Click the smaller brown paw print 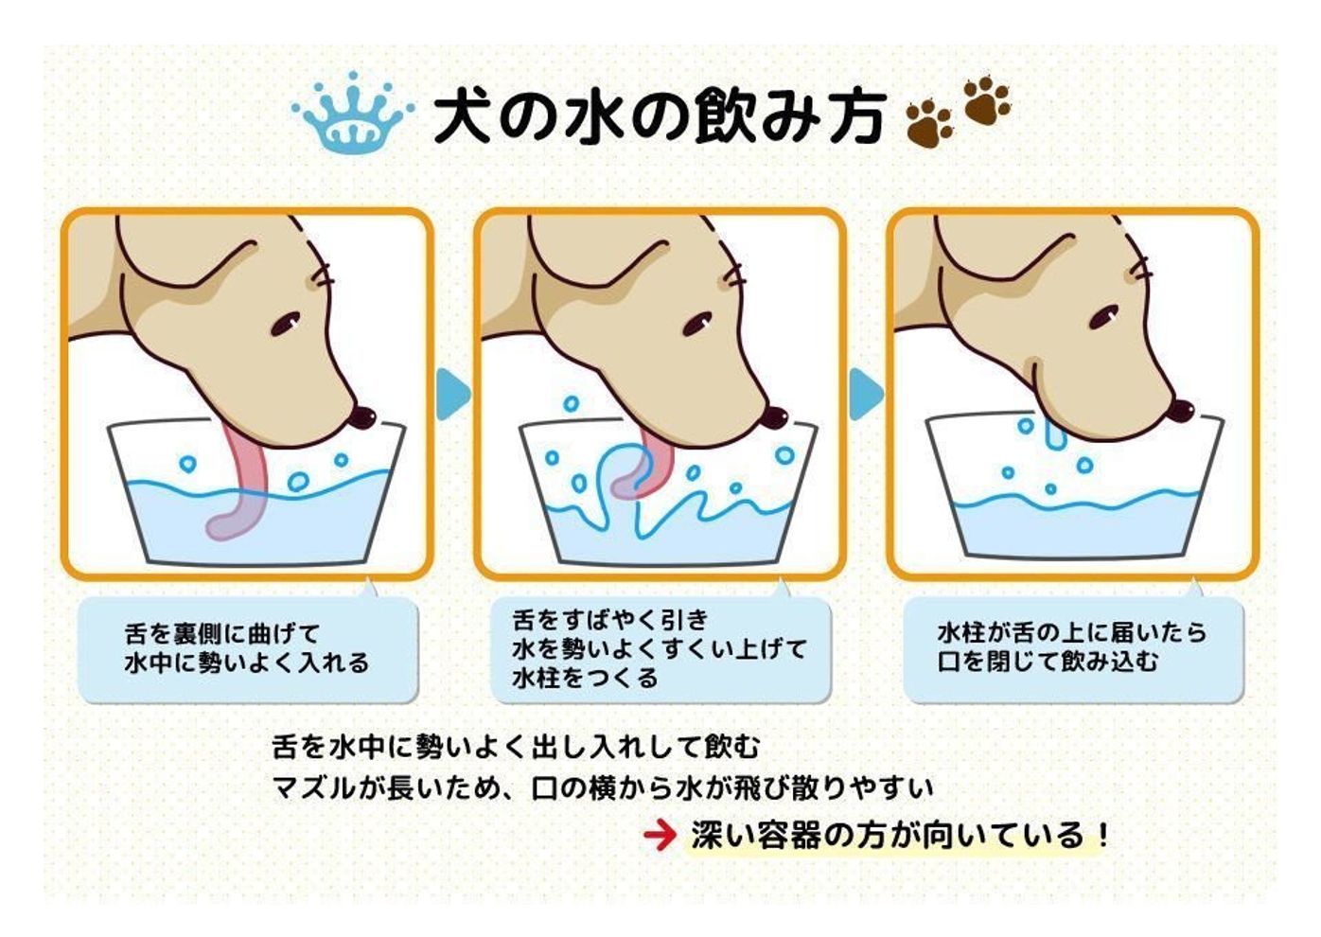coord(929,125)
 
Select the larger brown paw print coord(986,101)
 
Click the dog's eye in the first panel coord(286,322)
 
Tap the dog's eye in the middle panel coord(697,322)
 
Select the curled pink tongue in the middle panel coord(643,470)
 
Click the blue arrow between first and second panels coord(453,395)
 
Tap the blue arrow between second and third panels coord(866,395)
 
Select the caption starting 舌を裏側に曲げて coord(247,648)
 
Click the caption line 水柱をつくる coord(585,679)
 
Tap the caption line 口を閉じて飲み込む coord(1048,663)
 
